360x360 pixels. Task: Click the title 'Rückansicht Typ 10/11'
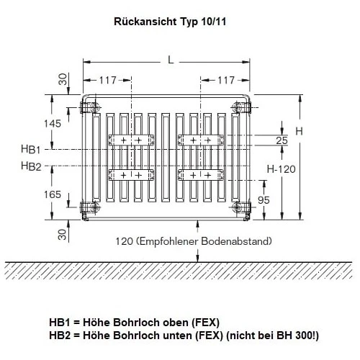(x=169, y=22)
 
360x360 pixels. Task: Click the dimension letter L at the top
(x=171, y=60)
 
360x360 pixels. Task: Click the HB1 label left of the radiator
(x=31, y=149)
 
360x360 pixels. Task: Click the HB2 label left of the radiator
(x=31, y=166)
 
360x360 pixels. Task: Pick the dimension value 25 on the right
(x=282, y=140)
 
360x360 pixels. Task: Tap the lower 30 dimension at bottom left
(x=63, y=234)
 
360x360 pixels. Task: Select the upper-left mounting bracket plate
(x=131, y=138)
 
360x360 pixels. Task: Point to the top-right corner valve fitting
(x=240, y=108)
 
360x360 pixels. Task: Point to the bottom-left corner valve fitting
(x=90, y=209)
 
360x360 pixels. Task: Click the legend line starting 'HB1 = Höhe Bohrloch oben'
(x=134, y=322)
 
